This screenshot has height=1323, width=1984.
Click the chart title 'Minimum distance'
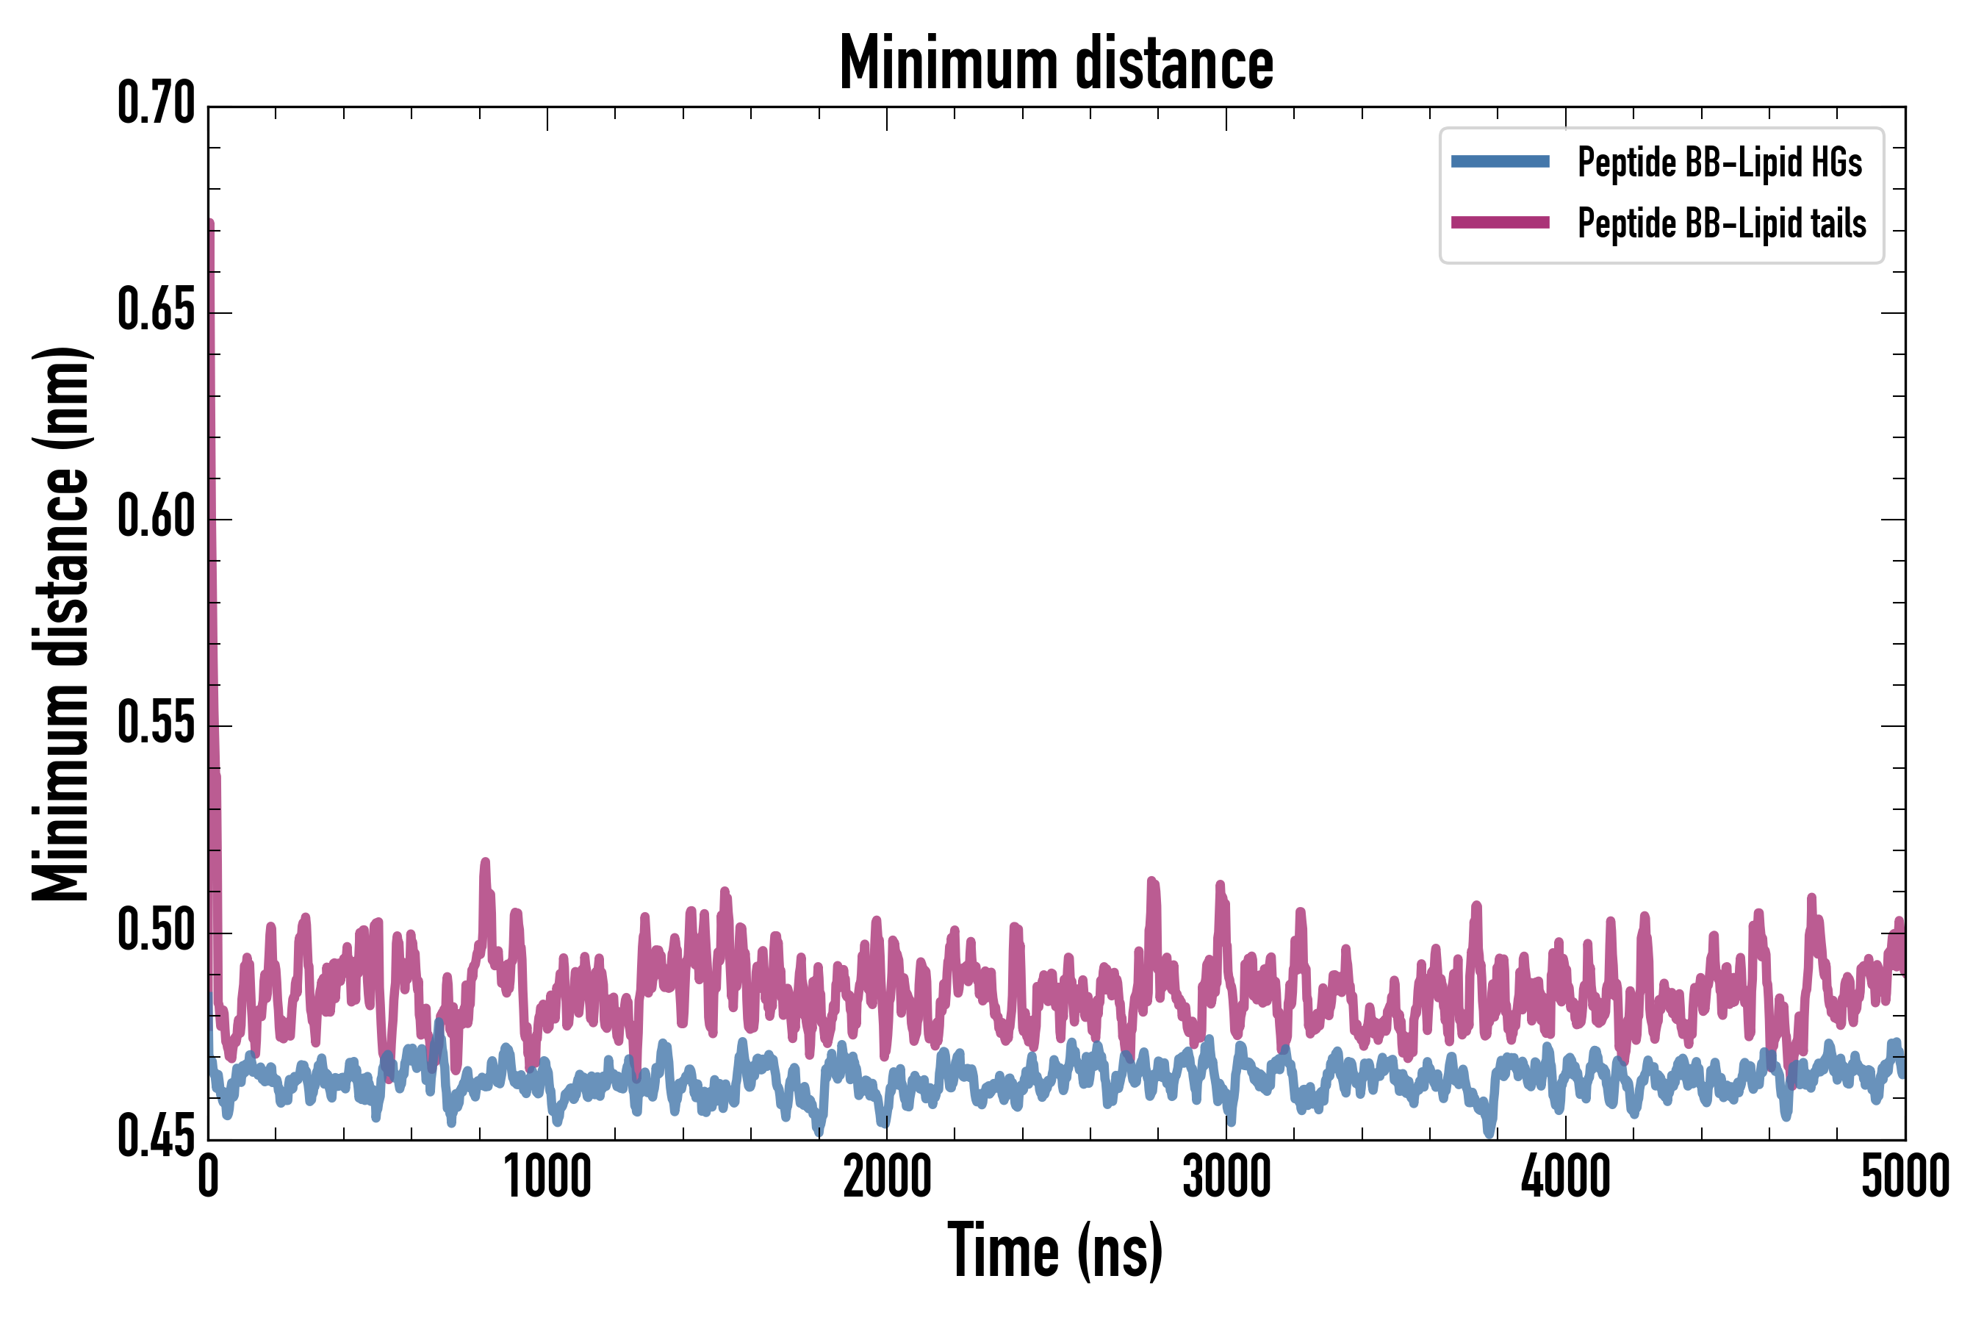1056,63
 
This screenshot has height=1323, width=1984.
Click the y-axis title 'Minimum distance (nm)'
61,623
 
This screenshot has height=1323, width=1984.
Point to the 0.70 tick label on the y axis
156,104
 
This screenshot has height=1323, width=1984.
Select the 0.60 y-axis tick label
156,517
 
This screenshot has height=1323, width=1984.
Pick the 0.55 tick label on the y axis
156,724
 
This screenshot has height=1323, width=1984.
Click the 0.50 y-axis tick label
156,931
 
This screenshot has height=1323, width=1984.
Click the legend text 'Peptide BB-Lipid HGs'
1719,162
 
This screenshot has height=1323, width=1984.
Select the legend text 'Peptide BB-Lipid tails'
1722,223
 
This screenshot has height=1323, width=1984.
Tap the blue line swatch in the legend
1500,162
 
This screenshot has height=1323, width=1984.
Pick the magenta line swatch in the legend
1500,223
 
